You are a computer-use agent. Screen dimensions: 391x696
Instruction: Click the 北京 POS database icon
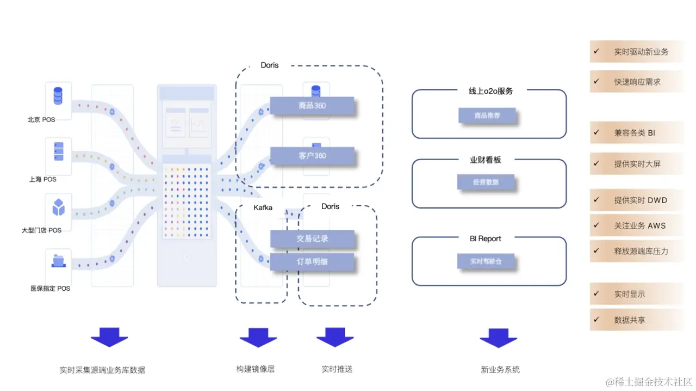[x=58, y=96]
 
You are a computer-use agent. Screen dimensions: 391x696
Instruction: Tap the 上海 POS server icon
[x=58, y=151]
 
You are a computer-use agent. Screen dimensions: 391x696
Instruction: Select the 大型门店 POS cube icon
[x=58, y=207]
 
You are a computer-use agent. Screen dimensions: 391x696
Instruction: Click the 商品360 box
[x=312, y=106]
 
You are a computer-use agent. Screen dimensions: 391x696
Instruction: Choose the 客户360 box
[x=312, y=156]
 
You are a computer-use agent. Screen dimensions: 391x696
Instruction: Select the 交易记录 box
[x=312, y=239]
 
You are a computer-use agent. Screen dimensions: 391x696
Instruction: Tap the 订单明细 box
[x=312, y=262]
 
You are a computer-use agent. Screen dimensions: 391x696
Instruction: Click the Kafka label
[x=263, y=207]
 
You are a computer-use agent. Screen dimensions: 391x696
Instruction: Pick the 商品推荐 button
[x=487, y=115]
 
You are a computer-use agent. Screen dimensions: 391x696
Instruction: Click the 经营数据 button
[x=486, y=182]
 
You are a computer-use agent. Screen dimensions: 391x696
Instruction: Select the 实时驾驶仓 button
[x=486, y=261]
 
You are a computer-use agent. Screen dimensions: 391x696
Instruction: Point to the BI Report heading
[x=486, y=239]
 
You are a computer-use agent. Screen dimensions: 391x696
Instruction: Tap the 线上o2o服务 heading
[x=490, y=91]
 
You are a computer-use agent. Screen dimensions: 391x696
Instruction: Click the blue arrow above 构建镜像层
[x=258, y=337]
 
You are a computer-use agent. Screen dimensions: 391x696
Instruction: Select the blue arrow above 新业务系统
[x=498, y=337]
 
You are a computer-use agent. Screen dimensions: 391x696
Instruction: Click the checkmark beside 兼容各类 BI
[x=596, y=132]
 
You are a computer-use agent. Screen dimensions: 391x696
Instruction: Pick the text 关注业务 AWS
[x=640, y=225]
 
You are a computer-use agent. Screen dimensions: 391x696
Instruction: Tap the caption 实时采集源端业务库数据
[x=102, y=370]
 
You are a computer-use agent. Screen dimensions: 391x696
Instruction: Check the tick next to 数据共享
[x=596, y=320]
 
